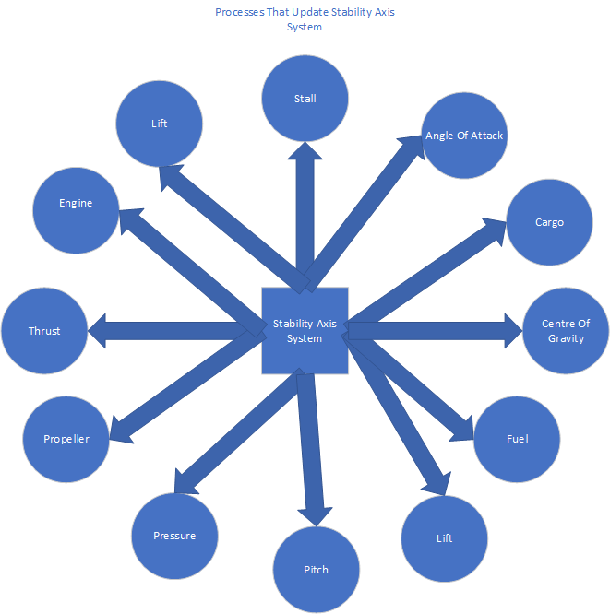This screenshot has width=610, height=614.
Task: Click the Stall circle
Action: point(305,98)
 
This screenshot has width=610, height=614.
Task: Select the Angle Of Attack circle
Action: point(464,136)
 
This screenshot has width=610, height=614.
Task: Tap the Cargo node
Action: point(549,222)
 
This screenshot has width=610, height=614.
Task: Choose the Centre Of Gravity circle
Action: point(566,331)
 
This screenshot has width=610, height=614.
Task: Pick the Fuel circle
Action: point(517,439)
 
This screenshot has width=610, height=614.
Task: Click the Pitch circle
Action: point(317,570)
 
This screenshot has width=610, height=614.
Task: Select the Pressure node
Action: point(174,536)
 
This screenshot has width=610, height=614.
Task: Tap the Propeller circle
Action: point(66,439)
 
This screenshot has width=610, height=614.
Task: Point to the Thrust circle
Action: point(44,331)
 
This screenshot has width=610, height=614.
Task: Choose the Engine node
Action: point(76,203)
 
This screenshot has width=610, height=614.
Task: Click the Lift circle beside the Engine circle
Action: point(160,124)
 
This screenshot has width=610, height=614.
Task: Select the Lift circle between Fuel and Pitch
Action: point(445,538)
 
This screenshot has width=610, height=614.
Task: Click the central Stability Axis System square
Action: point(305,331)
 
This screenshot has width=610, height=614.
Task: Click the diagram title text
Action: point(305,19)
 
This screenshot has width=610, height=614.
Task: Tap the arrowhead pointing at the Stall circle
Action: point(305,153)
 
